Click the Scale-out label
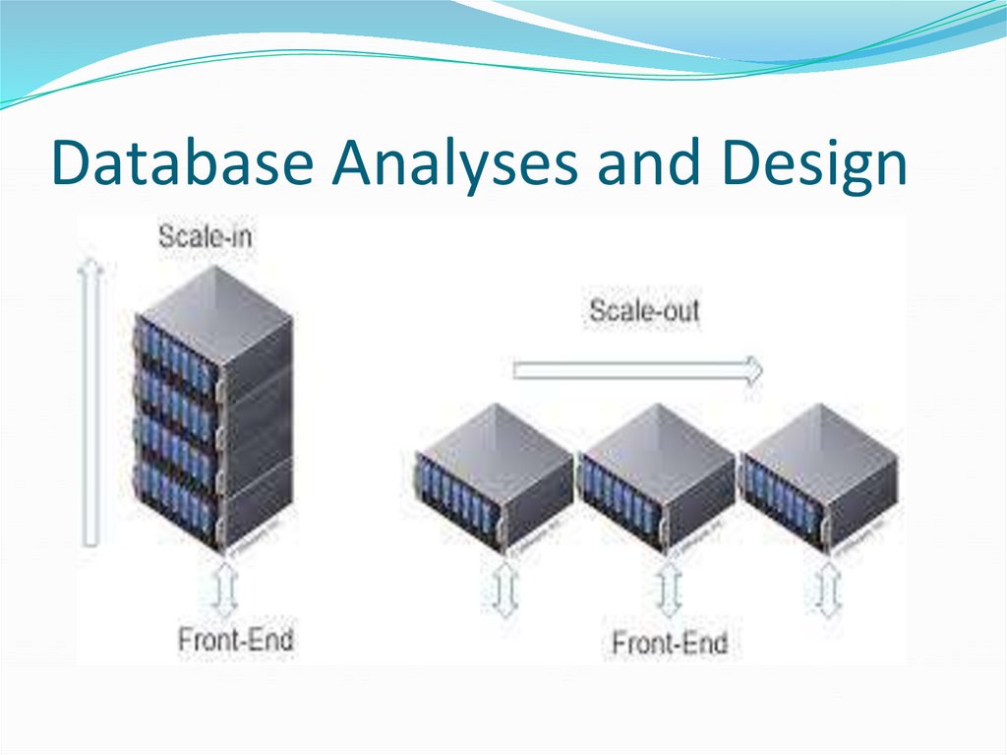click(x=644, y=311)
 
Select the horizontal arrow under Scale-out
click(x=637, y=370)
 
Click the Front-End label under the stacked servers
click(x=235, y=639)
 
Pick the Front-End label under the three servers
click(x=670, y=644)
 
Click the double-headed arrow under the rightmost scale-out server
click(x=829, y=591)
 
